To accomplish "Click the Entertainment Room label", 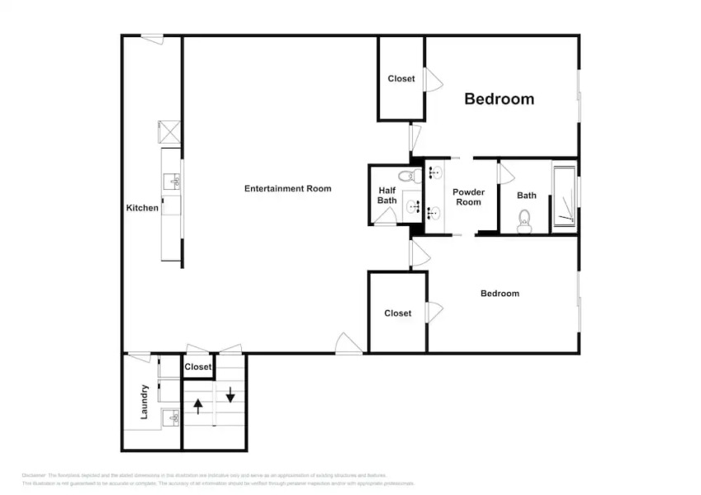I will coord(287,189).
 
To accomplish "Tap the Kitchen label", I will coord(142,208).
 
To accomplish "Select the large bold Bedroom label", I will coord(499,99).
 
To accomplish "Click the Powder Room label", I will coord(468,197).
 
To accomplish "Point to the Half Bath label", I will coord(386,196).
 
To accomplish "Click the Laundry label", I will coord(144,401).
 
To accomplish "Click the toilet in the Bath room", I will coord(524,220).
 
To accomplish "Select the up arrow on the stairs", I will coord(198,406).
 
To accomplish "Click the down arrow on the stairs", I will coord(230,393).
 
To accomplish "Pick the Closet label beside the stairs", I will coord(198,367).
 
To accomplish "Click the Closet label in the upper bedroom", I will coord(401,79).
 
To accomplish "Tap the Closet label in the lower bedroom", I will coord(397,313).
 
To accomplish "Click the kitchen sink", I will coord(173,181).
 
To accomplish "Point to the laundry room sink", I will coord(172,417).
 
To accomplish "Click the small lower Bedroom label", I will coord(500,294).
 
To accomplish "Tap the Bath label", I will coord(526,196).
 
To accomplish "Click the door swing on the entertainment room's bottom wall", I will coord(348,344).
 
